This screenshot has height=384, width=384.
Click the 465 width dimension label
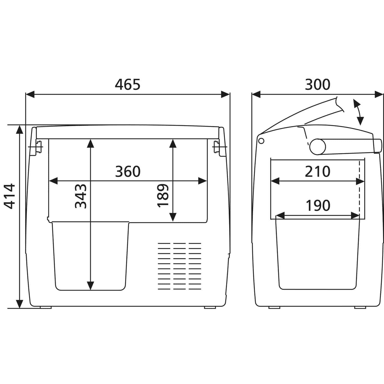click(x=127, y=84)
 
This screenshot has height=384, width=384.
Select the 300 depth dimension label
click(x=317, y=84)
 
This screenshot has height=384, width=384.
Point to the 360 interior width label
click(x=128, y=172)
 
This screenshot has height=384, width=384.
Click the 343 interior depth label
click(x=81, y=196)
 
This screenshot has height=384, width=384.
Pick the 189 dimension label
click(x=163, y=196)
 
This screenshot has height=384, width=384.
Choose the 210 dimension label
click(x=317, y=172)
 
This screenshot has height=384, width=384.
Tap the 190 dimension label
click(x=318, y=205)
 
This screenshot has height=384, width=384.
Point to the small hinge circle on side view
click(x=261, y=141)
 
